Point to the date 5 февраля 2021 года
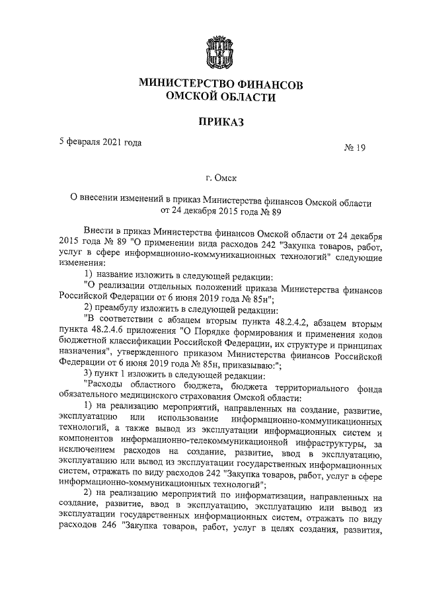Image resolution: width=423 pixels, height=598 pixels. [100, 141]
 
